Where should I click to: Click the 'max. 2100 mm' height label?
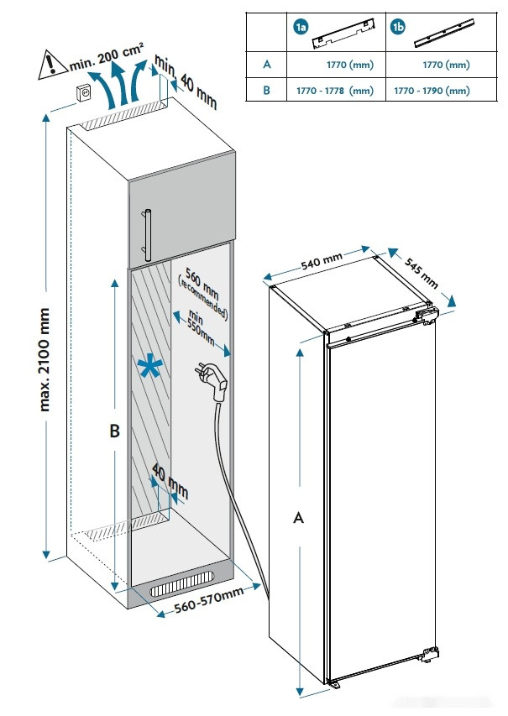pos(45,361)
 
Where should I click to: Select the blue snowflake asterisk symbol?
pos(150,368)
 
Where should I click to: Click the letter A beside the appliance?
pos(297,519)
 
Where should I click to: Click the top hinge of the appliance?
pos(425,314)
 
